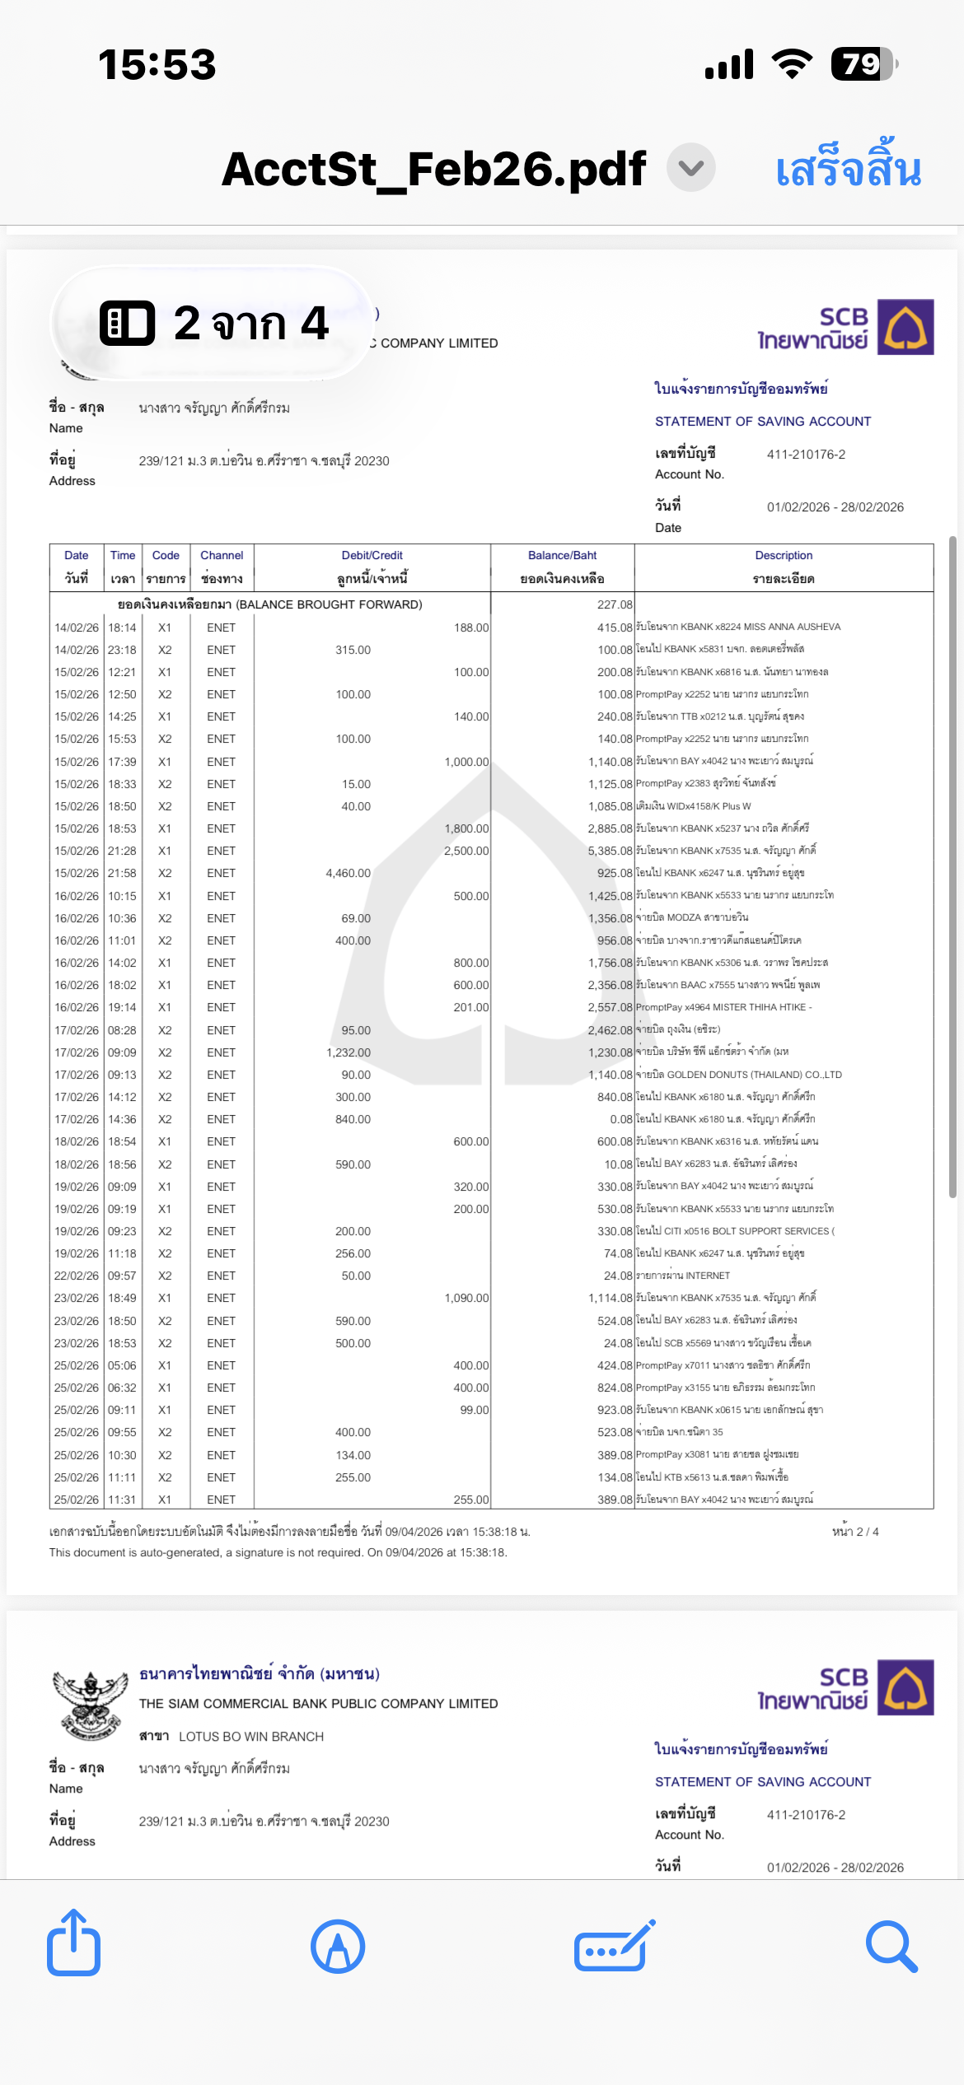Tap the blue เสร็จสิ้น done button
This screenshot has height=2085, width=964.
(x=848, y=170)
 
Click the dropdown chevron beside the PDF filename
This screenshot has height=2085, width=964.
(x=690, y=167)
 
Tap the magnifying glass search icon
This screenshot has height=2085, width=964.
(x=891, y=1946)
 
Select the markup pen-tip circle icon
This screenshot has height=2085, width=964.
(x=338, y=1946)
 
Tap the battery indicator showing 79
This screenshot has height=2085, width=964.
(x=863, y=64)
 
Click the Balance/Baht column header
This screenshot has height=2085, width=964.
(x=562, y=567)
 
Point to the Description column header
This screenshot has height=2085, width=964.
(x=783, y=567)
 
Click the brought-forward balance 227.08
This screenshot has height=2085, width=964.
(x=615, y=604)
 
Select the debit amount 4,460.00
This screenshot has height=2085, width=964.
(x=348, y=873)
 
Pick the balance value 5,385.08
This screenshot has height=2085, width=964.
(x=610, y=851)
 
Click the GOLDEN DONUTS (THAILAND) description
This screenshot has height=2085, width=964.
(x=738, y=1075)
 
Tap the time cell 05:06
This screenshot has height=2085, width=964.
(x=122, y=1365)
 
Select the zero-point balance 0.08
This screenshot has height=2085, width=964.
(x=620, y=1119)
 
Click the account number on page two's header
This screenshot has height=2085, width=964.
(x=806, y=455)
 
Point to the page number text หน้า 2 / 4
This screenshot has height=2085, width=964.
(x=855, y=1532)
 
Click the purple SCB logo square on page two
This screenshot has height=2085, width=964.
(x=905, y=327)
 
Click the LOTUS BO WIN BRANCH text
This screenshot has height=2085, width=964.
(x=250, y=1737)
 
